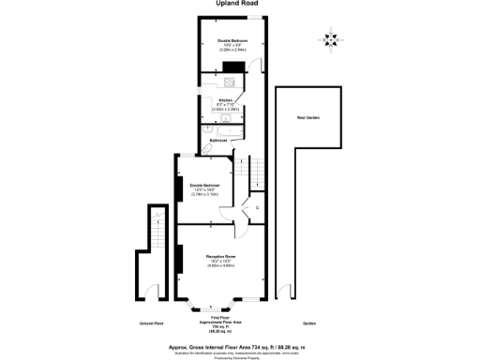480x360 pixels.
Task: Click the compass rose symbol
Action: pyautogui.click(x=329, y=40)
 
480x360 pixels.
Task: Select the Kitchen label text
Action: pyautogui.click(x=225, y=100)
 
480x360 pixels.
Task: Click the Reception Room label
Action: pyautogui.click(x=220, y=256)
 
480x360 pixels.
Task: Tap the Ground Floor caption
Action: pyautogui.click(x=152, y=323)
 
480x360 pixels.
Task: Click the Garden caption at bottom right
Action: pyautogui.click(x=309, y=323)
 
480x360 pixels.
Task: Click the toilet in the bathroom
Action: pyautogui.click(x=208, y=148)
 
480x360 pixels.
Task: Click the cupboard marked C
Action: pyautogui.click(x=256, y=207)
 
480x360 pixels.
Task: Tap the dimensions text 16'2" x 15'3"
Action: pyautogui.click(x=220, y=262)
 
